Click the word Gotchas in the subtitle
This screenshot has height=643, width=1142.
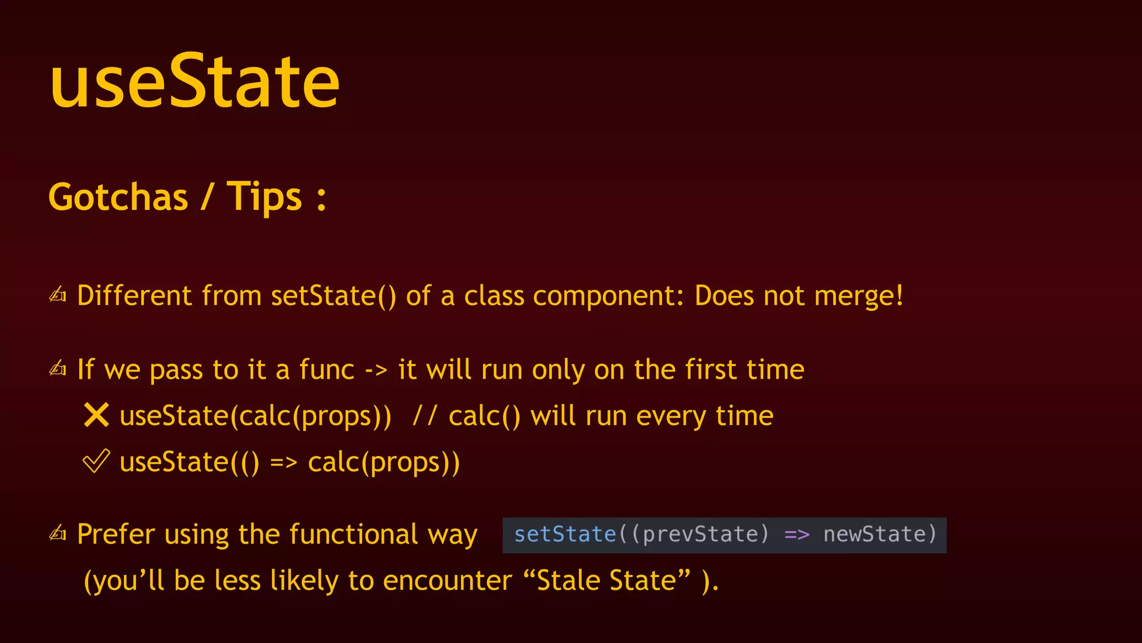pyautogui.click(x=118, y=197)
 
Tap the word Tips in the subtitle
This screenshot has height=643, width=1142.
pyautogui.click(x=264, y=197)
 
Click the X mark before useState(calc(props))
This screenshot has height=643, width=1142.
pyautogui.click(x=96, y=415)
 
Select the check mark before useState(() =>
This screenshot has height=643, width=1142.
pyautogui.click(x=96, y=462)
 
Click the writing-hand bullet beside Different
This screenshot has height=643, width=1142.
pyautogui.click(x=58, y=295)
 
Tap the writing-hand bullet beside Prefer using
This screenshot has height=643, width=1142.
pyautogui.click(x=58, y=534)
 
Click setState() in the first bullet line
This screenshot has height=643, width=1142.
pyautogui.click(x=333, y=296)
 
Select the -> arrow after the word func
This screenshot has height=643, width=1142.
pyautogui.click(x=376, y=370)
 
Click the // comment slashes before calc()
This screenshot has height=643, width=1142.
pyautogui.click(x=425, y=416)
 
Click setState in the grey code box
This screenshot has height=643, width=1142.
pyautogui.click(x=565, y=535)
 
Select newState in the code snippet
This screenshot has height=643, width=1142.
pyautogui.click(x=874, y=535)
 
